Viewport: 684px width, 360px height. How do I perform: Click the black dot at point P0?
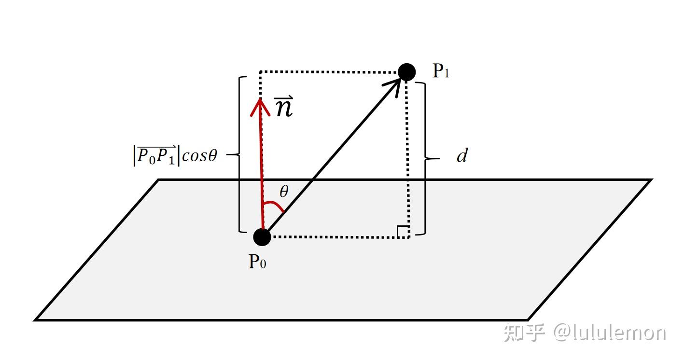point(262,236)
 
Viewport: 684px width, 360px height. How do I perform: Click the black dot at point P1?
point(407,72)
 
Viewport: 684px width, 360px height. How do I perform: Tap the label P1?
point(441,72)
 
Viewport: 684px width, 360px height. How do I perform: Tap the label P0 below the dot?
point(257,263)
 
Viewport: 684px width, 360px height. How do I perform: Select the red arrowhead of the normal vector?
point(260,107)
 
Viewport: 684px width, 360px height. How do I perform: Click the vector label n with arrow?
point(284,108)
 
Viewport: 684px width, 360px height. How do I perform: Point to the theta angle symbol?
point(284,192)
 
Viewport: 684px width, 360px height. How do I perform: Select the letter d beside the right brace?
point(462,156)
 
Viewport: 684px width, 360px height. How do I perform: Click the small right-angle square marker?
point(404,232)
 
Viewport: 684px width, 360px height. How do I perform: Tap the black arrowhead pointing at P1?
point(394,85)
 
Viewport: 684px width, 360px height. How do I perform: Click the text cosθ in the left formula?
point(200,156)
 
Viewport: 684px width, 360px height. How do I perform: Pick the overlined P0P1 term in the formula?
point(156,156)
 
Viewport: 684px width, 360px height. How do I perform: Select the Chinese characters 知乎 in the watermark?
point(525,333)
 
